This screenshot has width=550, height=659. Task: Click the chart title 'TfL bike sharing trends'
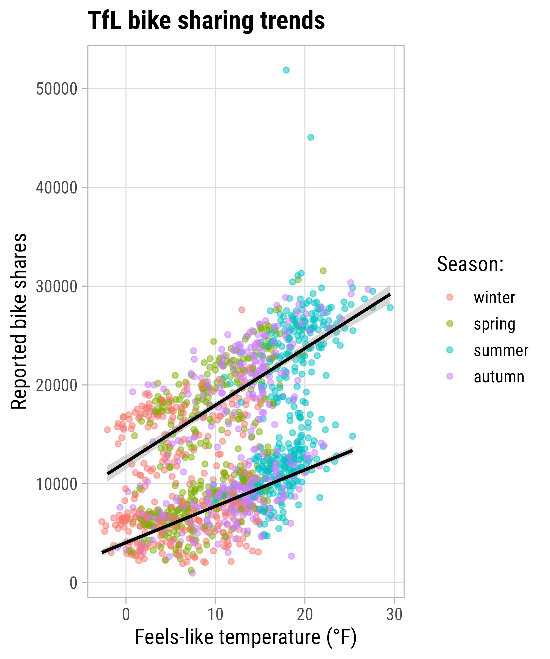pos(206,21)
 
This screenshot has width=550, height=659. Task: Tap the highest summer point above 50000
pos(286,70)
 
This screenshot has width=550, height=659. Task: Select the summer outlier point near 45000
pos(310,137)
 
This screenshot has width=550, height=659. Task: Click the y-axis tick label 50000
pos(57,89)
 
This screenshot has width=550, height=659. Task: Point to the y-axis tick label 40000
pos(57,188)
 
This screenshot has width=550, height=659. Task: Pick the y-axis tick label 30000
pos(57,287)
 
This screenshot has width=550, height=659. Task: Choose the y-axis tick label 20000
pos(57,386)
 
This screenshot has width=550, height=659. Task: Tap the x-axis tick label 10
pos(216,615)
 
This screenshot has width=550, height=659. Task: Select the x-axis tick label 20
pos(305,615)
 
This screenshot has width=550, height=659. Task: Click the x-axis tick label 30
pos(394,615)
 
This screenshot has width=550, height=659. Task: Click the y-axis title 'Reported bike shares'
pos(19,321)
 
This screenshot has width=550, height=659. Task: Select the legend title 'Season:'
pos(470,264)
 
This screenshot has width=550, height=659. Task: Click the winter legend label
pos(494,297)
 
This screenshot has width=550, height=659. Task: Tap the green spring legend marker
pos(450,323)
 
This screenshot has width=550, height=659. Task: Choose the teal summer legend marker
pos(450,350)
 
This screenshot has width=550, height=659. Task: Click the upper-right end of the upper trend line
pos(390,294)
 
